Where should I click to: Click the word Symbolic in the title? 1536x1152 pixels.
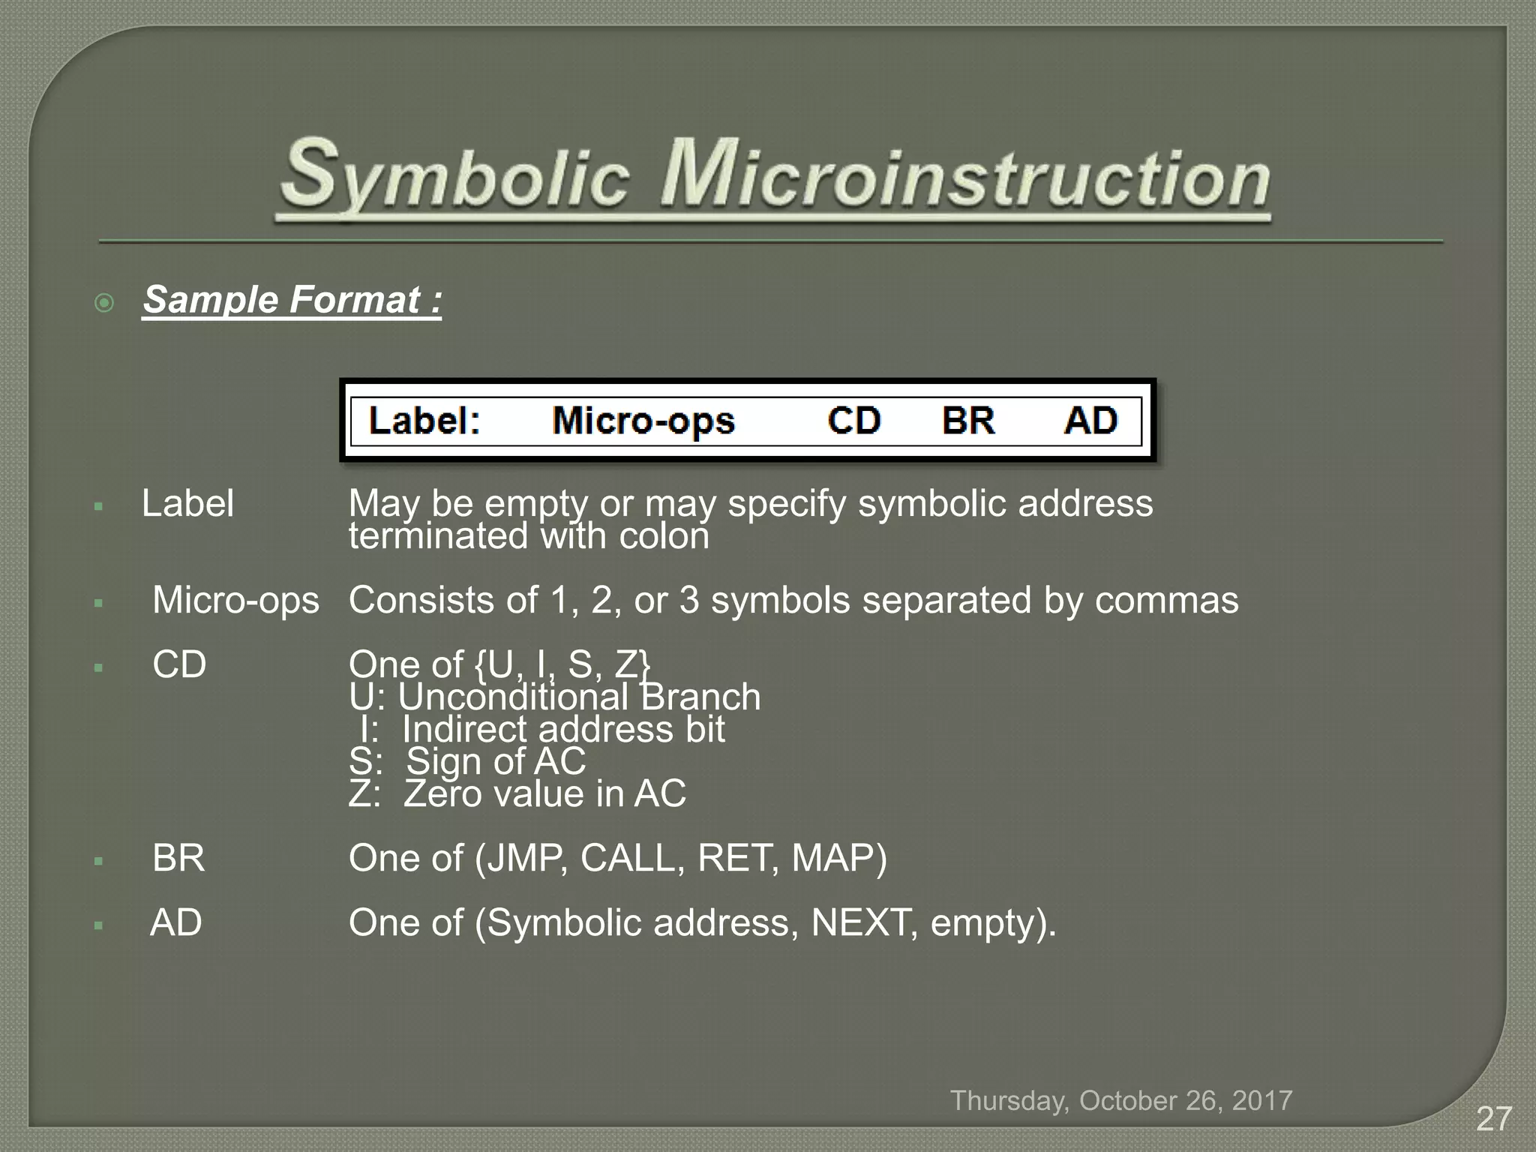point(454,175)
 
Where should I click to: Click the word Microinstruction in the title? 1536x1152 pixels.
point(964,175)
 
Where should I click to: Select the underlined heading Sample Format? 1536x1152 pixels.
point(292,300)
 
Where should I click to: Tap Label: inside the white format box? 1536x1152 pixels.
point(424,421)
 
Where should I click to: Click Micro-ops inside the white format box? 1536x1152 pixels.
point(643,421)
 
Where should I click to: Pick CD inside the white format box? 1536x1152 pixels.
point(853,421)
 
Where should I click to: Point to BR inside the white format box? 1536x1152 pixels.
point(968,421)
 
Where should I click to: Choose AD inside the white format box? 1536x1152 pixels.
point(1090,421)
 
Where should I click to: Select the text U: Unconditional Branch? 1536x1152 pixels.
point(555,697)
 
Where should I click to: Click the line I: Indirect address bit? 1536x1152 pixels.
point(541,730)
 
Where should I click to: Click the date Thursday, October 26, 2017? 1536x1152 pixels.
point(1121,1101)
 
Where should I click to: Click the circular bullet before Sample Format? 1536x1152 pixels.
point(104,303)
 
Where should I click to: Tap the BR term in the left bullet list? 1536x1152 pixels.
point(178,859)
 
